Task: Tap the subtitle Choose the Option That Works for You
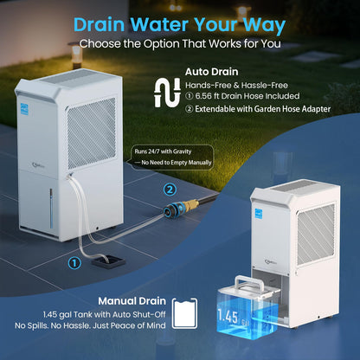[x=180, y=42]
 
